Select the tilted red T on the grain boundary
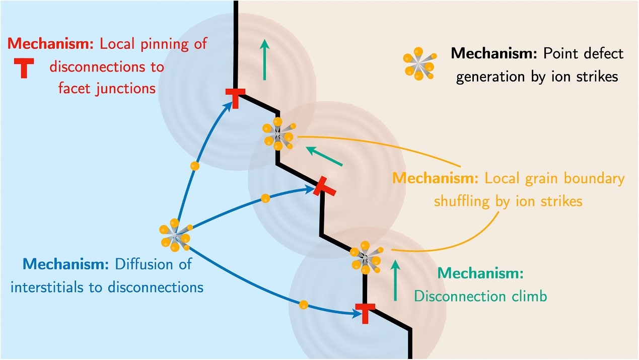point(324,187)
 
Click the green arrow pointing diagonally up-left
point(325,156)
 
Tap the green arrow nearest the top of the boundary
point(264,61)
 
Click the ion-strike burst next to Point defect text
point(418,64)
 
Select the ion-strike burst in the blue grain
point(174,235)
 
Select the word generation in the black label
point(486,77)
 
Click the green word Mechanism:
point(481,273)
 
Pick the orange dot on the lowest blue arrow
point(303,304)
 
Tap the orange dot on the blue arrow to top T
point(195,165)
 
